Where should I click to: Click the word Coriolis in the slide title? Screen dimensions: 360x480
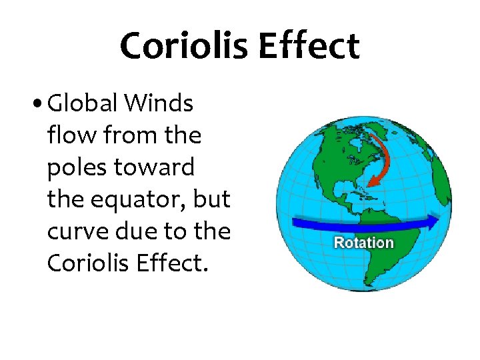click(183, 46)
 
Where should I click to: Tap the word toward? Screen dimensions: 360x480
click(157, 167)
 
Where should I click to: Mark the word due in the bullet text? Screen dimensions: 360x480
click(143, 231)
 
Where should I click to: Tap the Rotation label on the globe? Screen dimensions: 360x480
click(363, 243)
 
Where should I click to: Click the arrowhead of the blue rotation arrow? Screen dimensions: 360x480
click(433, 221)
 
